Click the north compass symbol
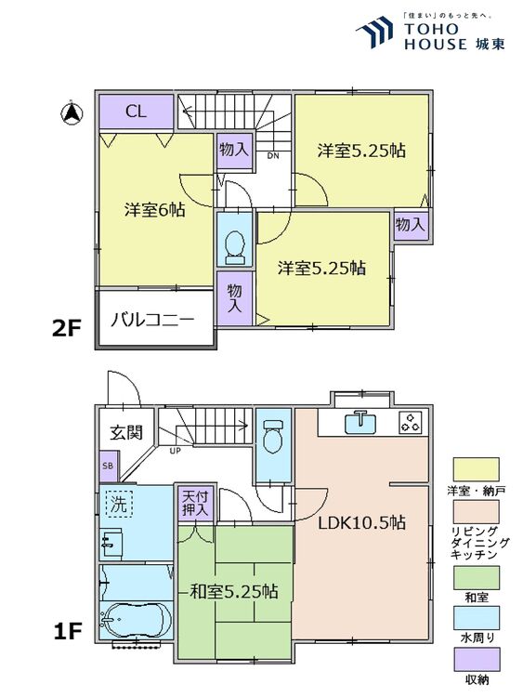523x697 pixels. tap(69, 114)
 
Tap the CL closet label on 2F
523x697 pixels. tap(136, 112)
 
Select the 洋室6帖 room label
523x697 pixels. tap(155, 210)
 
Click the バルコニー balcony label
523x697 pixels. tap(153, 320)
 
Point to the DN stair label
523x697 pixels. tap(272, 156)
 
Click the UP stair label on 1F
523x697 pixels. tap(174, 452)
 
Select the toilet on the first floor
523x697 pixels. tap(273, 435)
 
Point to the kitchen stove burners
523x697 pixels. tap(410, 422)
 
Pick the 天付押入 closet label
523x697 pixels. tap(194, 504)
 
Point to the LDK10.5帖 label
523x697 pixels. tap(361, 521)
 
